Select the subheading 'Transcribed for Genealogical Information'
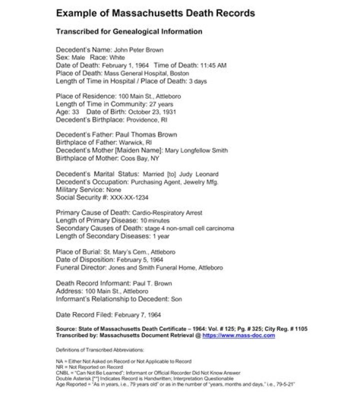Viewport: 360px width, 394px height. (129, 31)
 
